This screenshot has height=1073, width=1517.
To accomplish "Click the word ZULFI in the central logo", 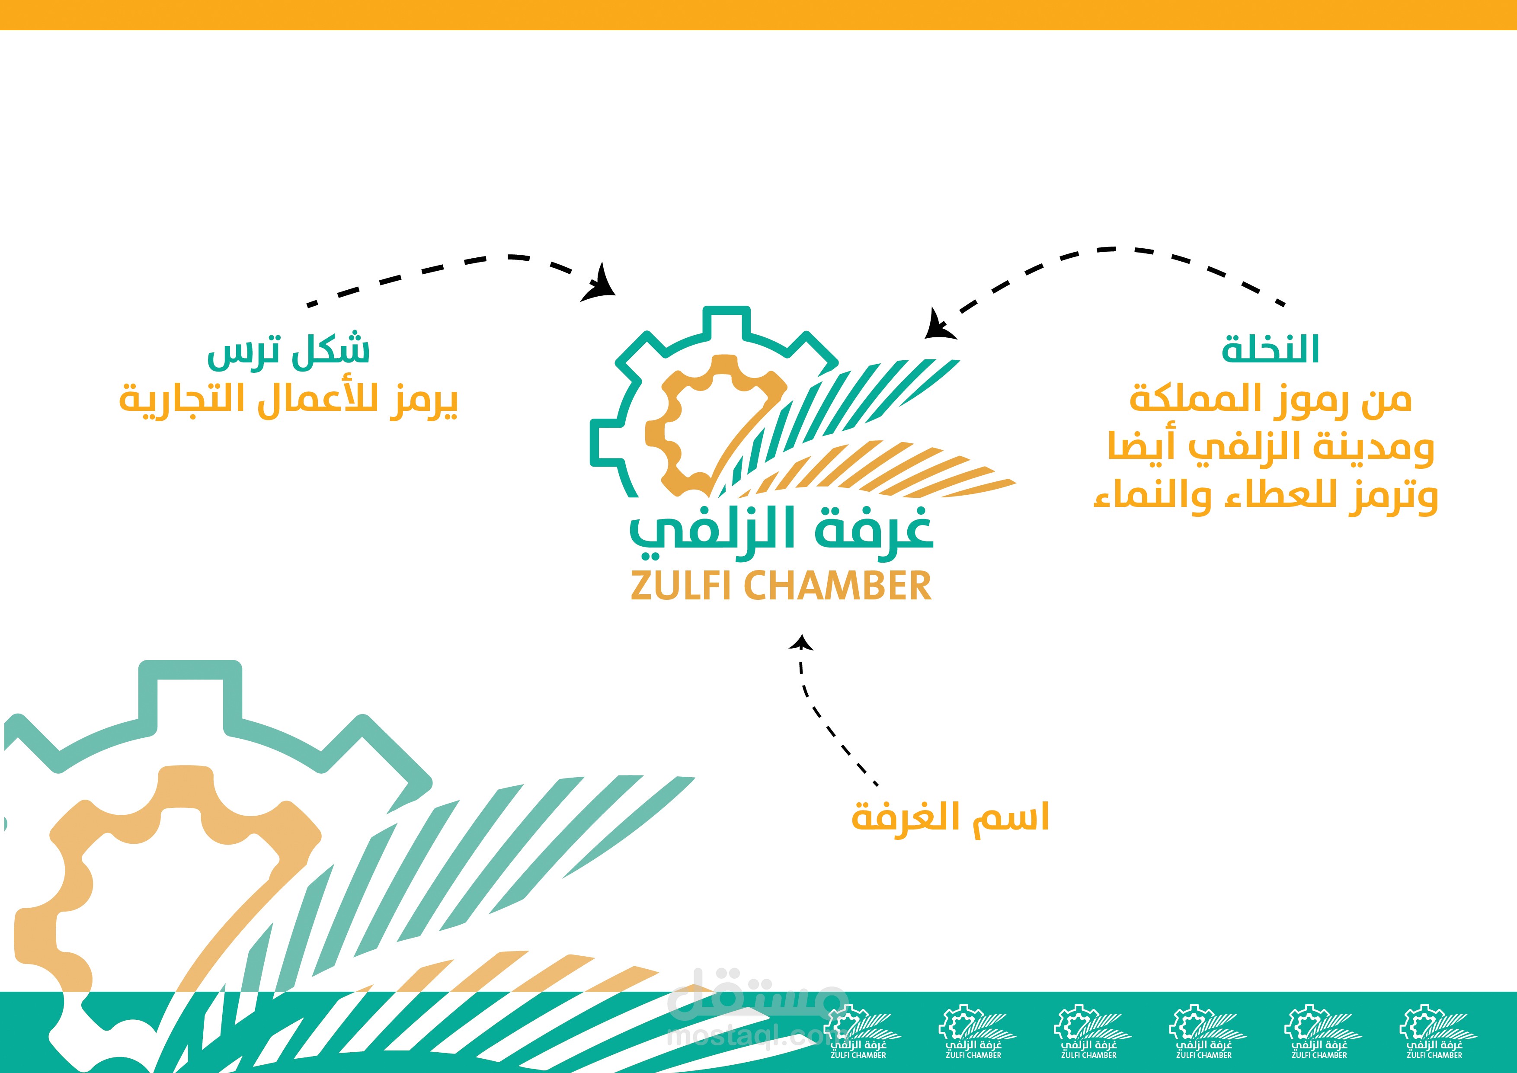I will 683,586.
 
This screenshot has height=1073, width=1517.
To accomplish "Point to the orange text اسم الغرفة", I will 950,818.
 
